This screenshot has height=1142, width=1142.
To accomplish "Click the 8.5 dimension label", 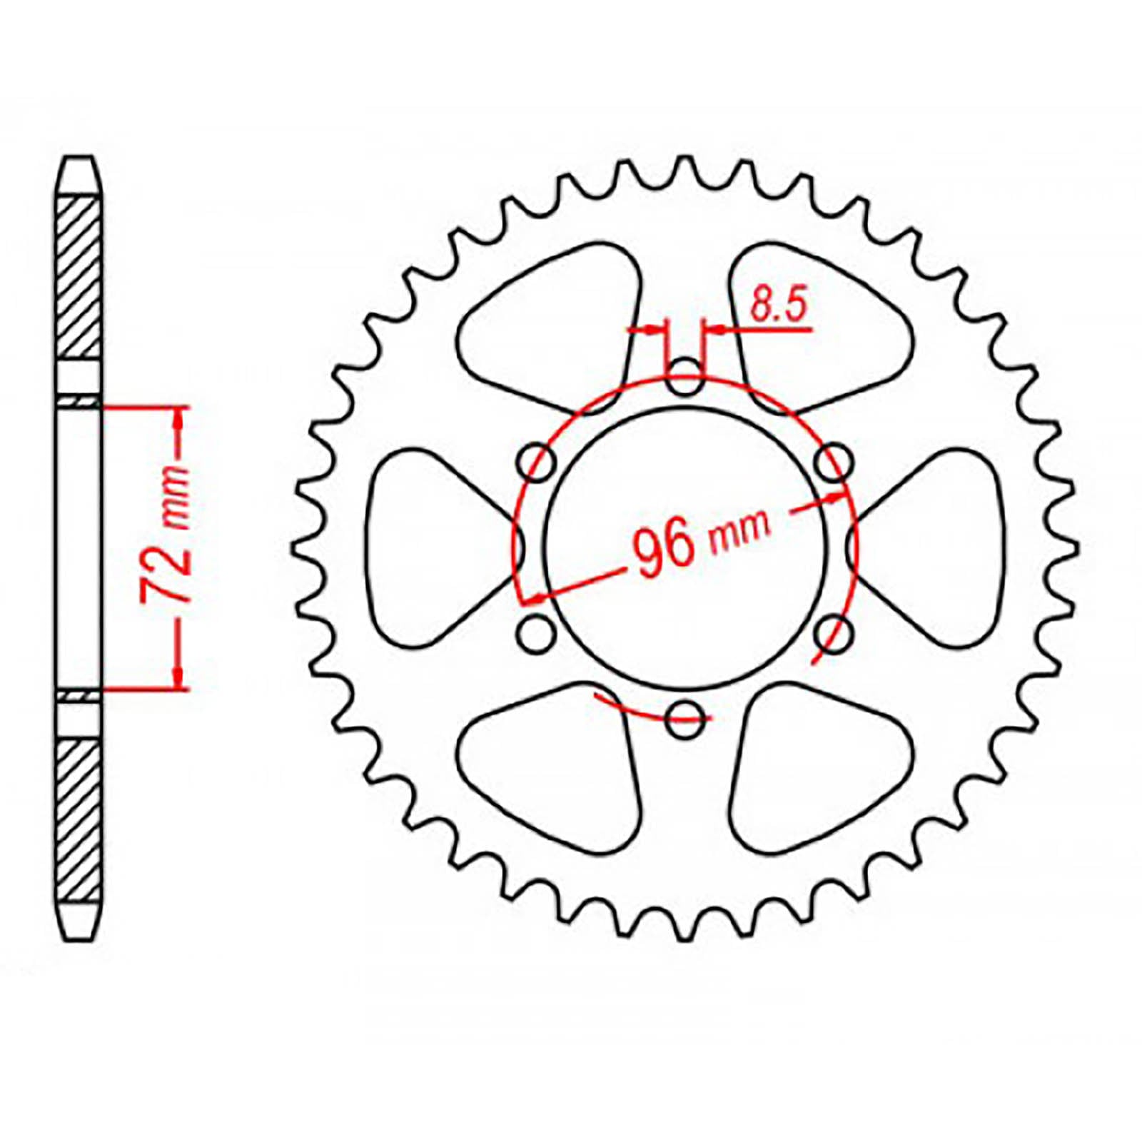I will click(778, 305).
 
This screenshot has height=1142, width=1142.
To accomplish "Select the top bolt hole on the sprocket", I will click(684, 377).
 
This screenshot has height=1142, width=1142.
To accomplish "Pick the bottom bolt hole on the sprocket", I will click(684, 719).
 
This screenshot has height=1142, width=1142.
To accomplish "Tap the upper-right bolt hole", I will click(833, 463).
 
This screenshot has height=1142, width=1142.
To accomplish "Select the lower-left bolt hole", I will click(537, 634).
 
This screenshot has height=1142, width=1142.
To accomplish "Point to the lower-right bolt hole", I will click(833, 634).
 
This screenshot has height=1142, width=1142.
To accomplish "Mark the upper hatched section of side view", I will click(78, 277).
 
